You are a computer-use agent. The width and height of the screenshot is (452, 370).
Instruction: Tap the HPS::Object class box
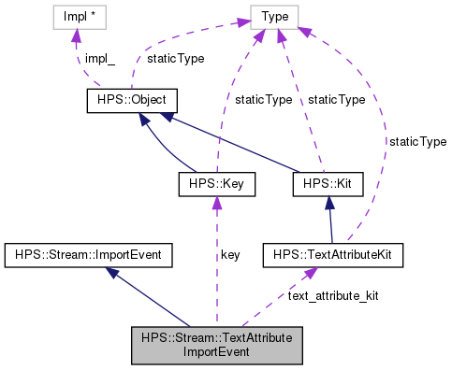[131, 101]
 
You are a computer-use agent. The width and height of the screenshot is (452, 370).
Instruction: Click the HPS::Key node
[216, 186]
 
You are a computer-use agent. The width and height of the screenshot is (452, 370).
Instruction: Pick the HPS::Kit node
[321, 186]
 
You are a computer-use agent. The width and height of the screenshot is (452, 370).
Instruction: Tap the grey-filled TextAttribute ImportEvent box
[216, 345]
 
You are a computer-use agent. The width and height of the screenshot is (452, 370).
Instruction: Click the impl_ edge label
[100, 58]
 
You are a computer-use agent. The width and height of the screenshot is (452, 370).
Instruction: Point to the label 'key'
[230, 254]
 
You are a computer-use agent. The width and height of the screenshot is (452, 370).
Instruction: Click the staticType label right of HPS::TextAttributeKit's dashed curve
[418, 141]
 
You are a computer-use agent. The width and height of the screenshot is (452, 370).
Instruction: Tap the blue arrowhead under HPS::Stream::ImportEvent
[111, 272]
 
